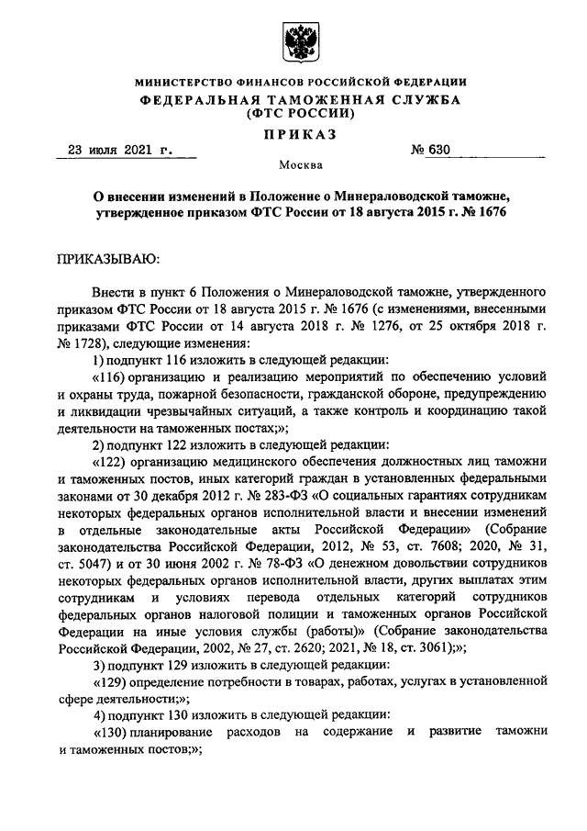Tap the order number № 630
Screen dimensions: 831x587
tap(422, 150)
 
